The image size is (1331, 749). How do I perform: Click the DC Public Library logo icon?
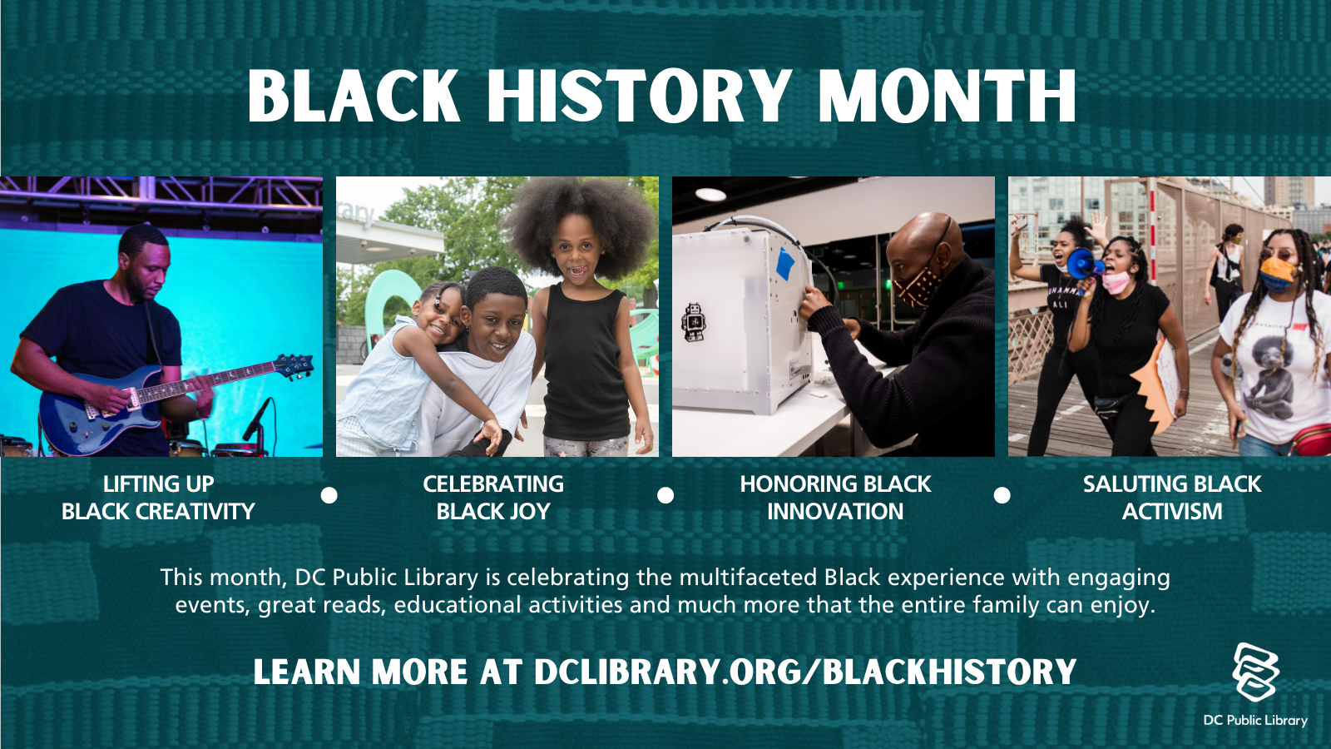[x=1255, y=672]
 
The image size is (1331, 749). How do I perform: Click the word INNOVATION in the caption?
[x=835, y=511]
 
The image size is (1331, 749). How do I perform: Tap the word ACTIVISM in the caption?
[x=1172, y=511]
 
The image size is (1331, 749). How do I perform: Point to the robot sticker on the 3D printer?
[x=693, y=321]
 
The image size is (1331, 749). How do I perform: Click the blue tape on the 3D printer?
[x=785, y=263]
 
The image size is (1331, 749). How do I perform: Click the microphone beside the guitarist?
[x=257, y=419]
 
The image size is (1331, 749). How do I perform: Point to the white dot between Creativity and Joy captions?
[x=329, y=495]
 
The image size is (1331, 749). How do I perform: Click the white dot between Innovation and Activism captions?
[x=1002, y=495]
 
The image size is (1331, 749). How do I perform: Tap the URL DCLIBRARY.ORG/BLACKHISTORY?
[x=805, y=672]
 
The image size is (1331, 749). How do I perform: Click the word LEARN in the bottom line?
[x=307, y=672]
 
